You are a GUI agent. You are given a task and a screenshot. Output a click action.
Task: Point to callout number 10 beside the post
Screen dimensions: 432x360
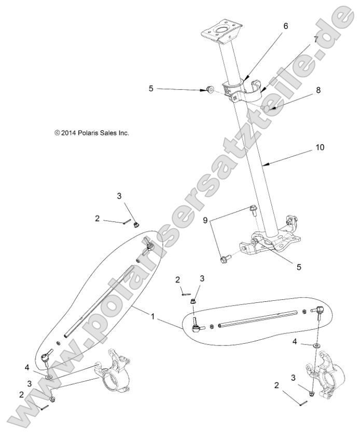320,147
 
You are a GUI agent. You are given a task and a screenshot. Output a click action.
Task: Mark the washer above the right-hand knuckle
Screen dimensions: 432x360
315,344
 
